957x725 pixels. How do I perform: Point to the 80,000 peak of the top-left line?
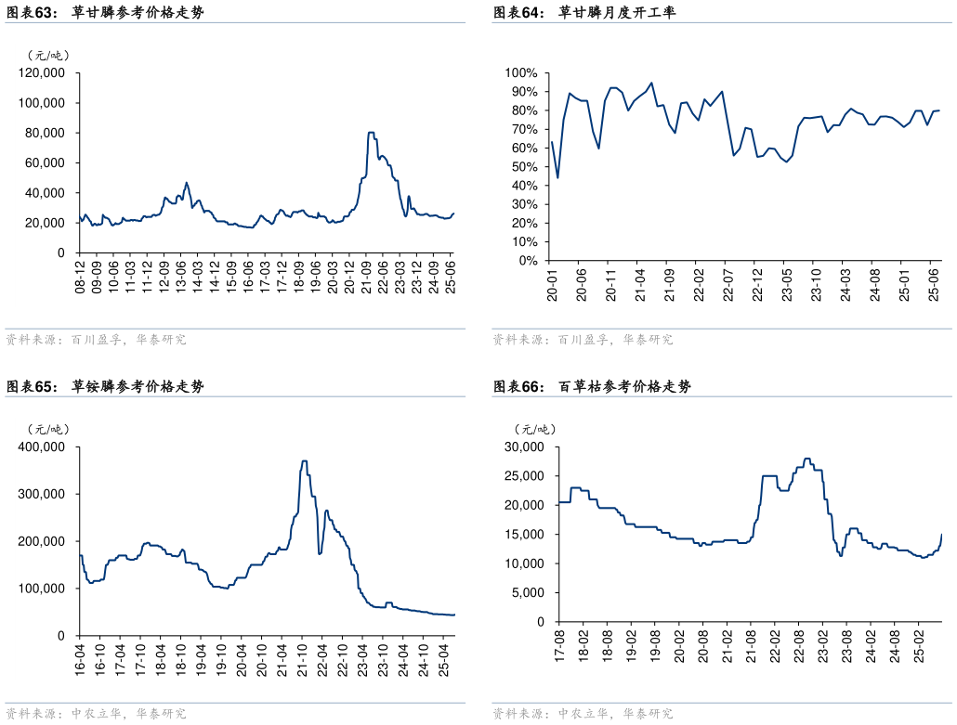[371, 133]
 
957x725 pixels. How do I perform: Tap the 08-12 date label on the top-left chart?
[82, 277]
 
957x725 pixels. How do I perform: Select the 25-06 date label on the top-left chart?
[452, 277]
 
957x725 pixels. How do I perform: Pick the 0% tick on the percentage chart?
[526, 261]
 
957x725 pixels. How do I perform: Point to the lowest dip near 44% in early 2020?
[557, 177]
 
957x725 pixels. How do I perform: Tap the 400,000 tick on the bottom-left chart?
[41, 447]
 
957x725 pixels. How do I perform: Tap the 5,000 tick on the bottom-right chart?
[531, 592]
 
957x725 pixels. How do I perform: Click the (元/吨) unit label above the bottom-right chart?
[535, 429]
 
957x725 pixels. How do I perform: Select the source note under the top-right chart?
[583, 340]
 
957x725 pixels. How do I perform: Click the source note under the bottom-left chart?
[96, 713]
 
